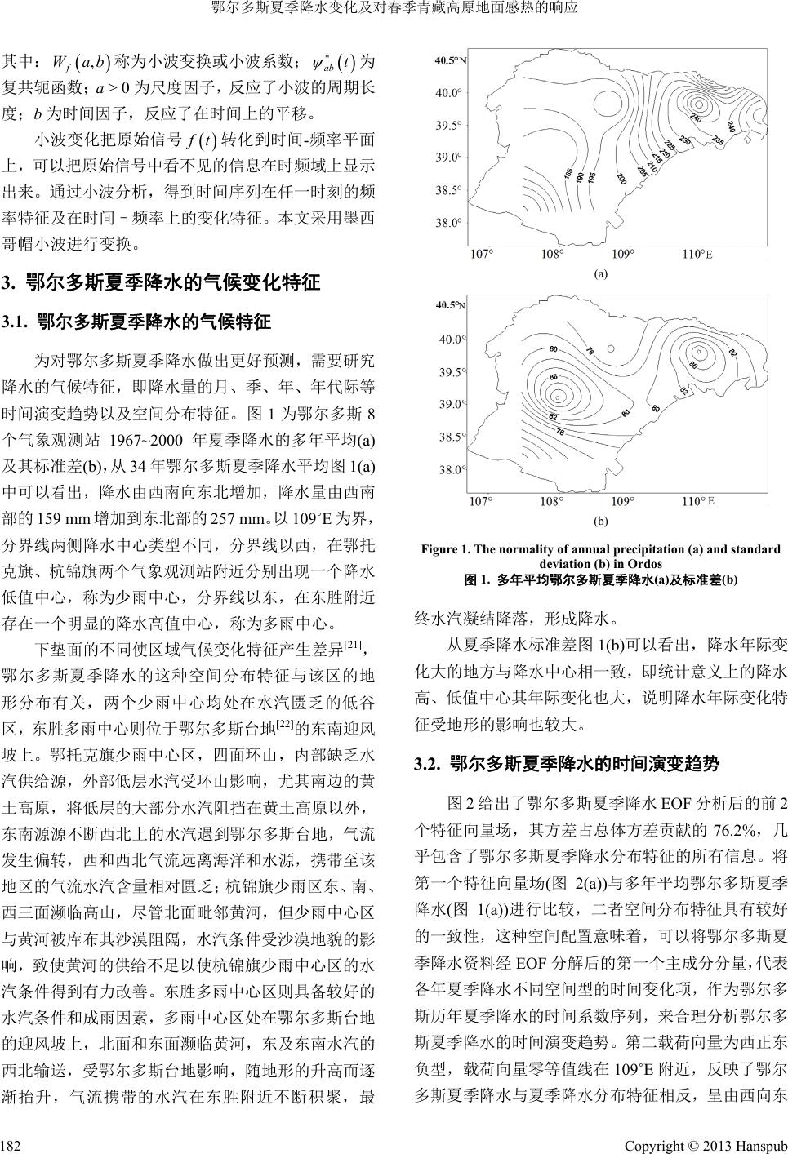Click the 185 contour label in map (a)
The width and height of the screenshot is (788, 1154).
568,175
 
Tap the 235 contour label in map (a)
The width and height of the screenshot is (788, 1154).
717,140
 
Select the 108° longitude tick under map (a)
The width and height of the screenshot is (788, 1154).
552,255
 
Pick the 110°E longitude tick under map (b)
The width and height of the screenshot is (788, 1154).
696,500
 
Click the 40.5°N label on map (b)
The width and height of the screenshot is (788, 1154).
452,305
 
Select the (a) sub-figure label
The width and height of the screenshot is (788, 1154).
600,275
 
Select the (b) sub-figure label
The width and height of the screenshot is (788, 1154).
600,520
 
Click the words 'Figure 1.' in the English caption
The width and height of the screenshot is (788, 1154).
446,550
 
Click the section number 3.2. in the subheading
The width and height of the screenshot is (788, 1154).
429,765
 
